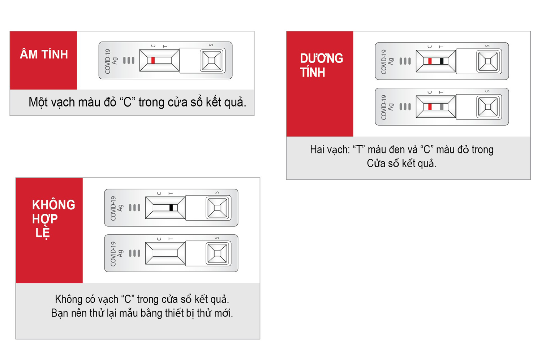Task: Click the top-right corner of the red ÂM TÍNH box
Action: [77, 31]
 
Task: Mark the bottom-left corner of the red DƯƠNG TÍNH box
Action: [287, 136]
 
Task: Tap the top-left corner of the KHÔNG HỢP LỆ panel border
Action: [16, 178]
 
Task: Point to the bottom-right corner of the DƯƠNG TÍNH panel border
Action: [531, 179]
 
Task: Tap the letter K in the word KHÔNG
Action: [36, 205]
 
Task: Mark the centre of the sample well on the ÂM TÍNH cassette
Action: [211, 60]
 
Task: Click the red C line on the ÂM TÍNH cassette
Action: [153, 60]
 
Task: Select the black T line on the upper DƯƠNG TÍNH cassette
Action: [442, 61]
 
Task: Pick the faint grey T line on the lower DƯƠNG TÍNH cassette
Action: [442, 106]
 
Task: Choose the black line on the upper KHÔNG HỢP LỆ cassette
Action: [171, 208]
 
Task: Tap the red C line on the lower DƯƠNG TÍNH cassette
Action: [430, 106]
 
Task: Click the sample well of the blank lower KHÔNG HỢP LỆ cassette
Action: [217, 253]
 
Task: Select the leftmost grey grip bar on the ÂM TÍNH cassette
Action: [124, 60]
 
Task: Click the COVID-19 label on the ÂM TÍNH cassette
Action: [107, 61]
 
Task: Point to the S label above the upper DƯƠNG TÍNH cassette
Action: [487, 46]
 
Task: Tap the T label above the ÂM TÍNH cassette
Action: [165, 46]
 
